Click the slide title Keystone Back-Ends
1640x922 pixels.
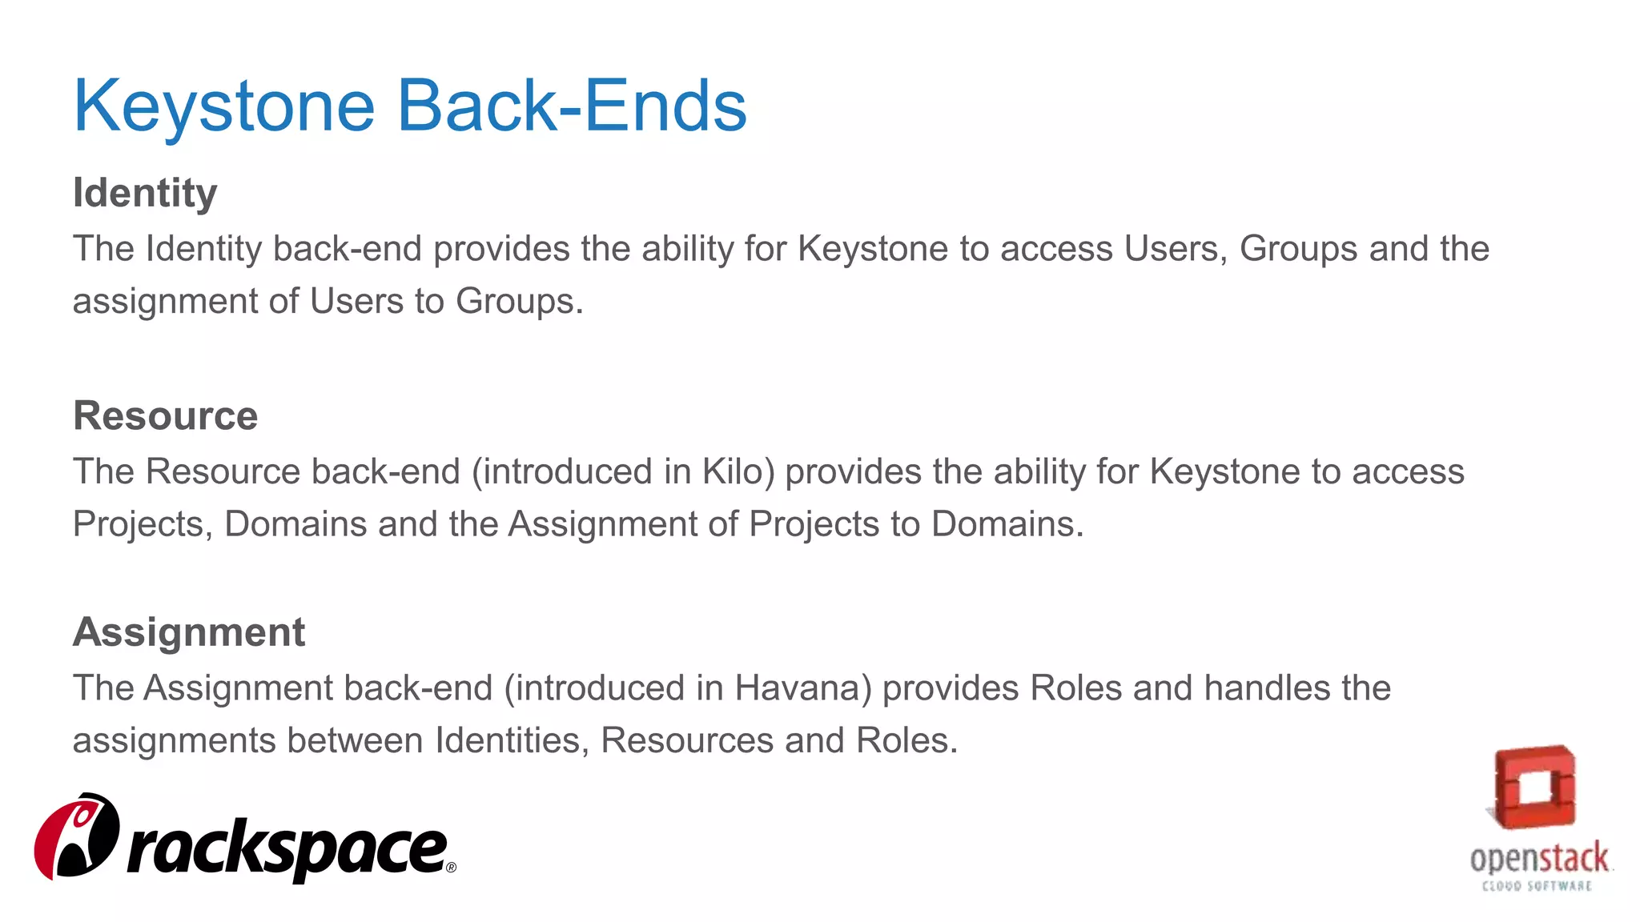[409, 106]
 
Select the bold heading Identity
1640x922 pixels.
[145, 194]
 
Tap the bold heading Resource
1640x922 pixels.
[165, 416]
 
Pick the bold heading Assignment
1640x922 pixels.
[189, 632]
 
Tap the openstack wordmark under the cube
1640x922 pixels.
[1538, 859]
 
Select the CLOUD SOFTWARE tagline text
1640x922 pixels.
[1537, 886]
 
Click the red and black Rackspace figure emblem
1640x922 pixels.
[77, 836]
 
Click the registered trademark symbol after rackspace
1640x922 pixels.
[451, 868]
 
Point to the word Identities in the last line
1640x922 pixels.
[507, 740]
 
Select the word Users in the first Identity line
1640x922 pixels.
[1172, 249]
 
